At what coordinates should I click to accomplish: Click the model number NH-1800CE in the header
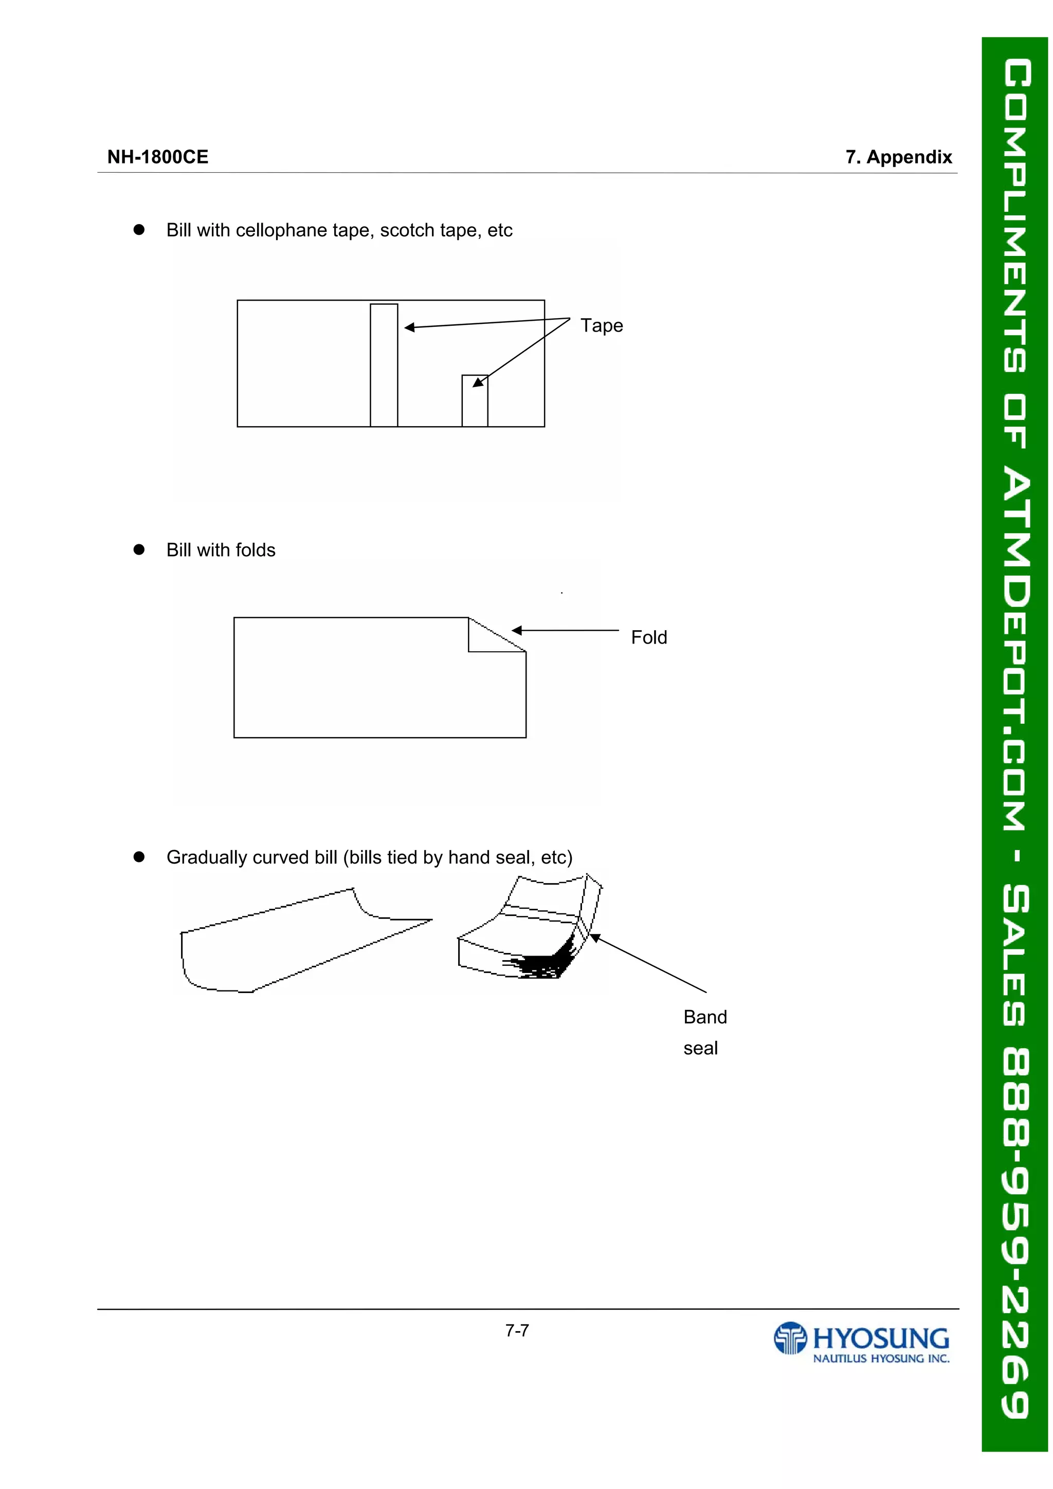click(158, 157)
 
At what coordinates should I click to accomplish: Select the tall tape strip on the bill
click(384, 365)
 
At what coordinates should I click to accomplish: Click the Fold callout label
click(648, 637)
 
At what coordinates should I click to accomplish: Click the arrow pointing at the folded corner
click(565, 630)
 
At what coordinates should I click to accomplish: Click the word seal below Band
click(700, 1048)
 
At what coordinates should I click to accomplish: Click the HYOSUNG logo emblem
click(790, 1338)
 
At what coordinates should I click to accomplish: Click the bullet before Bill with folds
click(139, 549)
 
